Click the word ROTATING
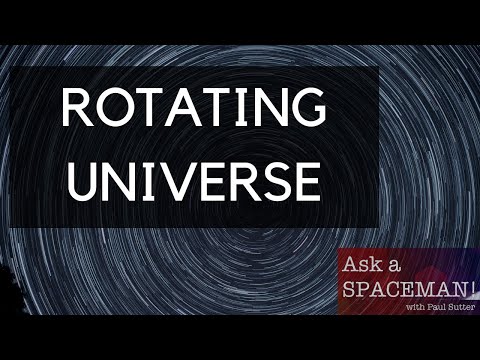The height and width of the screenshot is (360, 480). point(193,108)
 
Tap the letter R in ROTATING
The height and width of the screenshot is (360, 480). point(77,108)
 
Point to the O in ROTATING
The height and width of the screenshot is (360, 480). point(117,108)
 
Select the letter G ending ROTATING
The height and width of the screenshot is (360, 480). point(305,108)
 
